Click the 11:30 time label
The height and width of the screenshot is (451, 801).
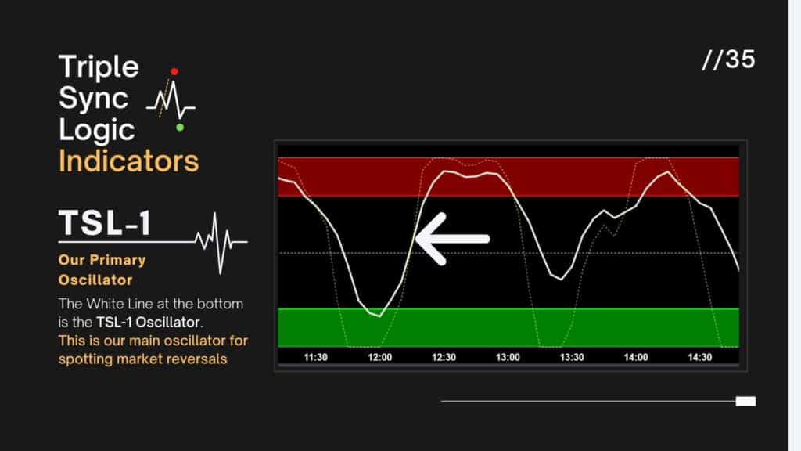point(316,357)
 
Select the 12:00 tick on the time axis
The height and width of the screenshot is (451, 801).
point(379,357)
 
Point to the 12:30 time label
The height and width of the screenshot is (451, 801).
point(444,357)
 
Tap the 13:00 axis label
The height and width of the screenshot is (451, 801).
point(508,357)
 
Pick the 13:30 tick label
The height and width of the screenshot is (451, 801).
point(572,357)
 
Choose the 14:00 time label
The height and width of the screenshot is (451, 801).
point(635,357)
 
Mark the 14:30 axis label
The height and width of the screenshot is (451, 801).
point(700,357)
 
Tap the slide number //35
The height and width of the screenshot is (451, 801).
point(728,60)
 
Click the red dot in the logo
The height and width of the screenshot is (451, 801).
point(174,71)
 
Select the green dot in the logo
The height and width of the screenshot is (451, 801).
point(180,128)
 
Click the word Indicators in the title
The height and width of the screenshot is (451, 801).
point(129,161)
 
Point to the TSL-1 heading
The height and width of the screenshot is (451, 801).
point(105,222)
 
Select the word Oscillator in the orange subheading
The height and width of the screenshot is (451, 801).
point(95,280)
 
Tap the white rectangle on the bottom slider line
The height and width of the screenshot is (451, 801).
point(745,402)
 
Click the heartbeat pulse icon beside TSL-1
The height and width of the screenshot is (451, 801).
point(221,241)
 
